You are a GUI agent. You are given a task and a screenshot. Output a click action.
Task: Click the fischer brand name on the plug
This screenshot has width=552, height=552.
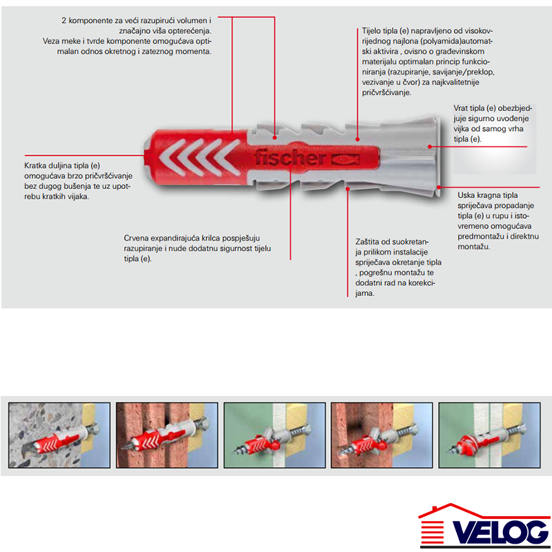point(290,157)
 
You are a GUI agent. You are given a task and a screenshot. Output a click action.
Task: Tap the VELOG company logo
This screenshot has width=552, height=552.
point(485,526)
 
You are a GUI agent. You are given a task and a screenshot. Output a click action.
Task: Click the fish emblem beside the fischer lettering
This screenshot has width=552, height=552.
point(344,159)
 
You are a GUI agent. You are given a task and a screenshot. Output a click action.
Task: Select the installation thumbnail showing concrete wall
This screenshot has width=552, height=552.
point(59,435)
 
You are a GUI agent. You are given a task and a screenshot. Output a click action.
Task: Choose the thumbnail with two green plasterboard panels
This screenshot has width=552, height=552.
point(489,435)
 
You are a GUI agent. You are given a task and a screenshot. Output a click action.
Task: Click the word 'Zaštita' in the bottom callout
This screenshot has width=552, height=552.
point(368,242)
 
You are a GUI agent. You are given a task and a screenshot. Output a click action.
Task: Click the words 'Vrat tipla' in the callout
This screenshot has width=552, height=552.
point(471,108)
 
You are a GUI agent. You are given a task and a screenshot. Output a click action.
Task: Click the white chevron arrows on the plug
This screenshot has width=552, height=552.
point(198,157)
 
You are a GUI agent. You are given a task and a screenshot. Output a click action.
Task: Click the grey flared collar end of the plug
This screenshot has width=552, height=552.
point(436,157)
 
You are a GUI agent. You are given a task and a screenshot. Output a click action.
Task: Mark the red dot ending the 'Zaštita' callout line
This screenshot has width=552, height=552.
point(348,189)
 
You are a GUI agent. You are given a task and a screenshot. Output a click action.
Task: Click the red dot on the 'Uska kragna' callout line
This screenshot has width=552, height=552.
point(439,187)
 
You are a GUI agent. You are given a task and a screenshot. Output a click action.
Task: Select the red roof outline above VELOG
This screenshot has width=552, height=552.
point(484,511)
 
